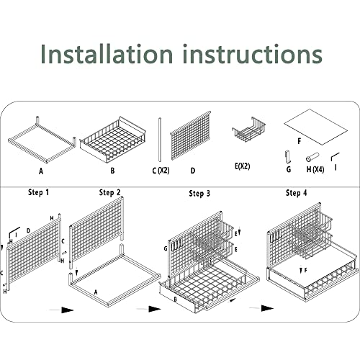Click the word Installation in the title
[107, 53]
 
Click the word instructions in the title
[252, 53]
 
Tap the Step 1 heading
[39, 192]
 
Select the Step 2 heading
[110, 192]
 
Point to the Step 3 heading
[199, 194]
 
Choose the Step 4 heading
[297, 193]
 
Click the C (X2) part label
[161, 171]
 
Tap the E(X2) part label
[243, 166]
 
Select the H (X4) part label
[315, 169]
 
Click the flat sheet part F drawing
[316, 127]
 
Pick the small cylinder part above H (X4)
[312, 157]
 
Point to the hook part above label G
[288, 157]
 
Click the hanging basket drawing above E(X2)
[248, 130]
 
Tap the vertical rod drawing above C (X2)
[160, 140]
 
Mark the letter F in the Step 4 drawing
[306, 271]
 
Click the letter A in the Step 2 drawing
[96, 292]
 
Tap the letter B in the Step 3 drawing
[175, 300]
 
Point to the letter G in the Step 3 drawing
[166, 248]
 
